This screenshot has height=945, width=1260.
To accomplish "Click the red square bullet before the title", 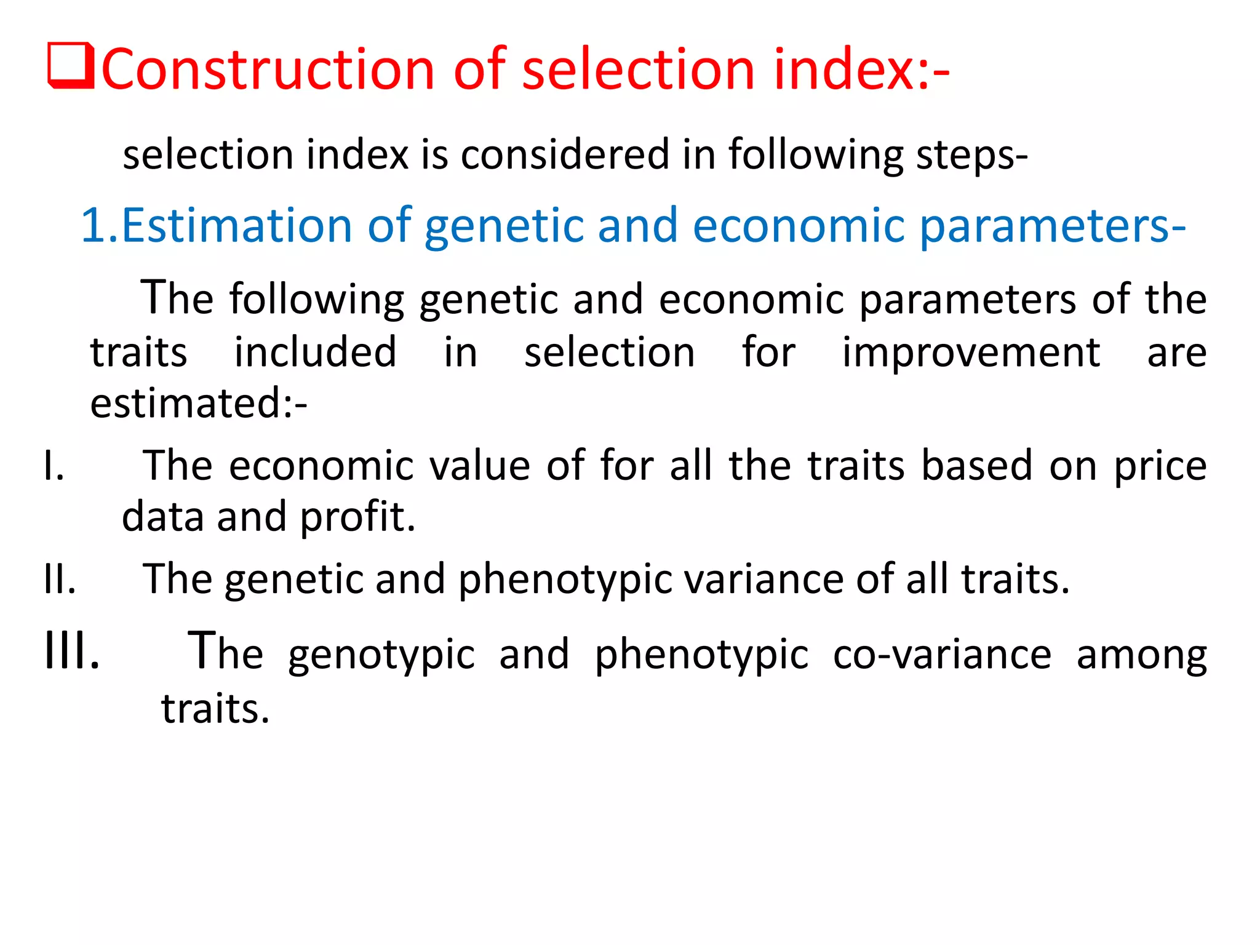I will point(71,66).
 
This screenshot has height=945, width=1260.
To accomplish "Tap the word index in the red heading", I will point(844,69).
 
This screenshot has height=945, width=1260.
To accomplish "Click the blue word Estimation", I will point(236,225).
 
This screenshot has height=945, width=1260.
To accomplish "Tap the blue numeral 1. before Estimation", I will point(98,225).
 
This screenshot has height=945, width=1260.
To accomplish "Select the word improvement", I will point(971,353).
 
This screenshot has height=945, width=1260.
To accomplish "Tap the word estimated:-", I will point(198,404).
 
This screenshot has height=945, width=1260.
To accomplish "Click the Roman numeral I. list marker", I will point(54,466).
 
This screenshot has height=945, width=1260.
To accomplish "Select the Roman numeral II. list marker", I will point(60,580).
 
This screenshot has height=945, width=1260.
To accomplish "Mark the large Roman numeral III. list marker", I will point(71,651).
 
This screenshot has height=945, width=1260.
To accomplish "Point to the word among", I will point(1141,655).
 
